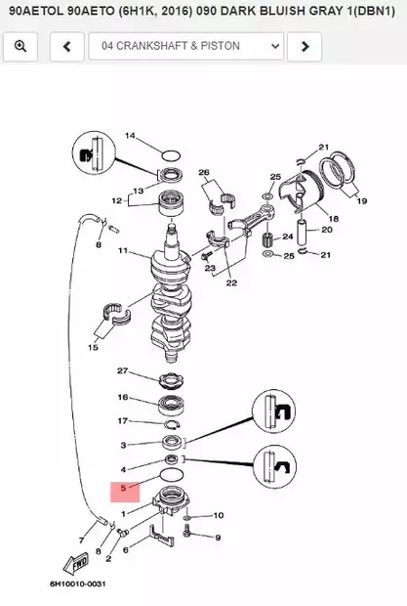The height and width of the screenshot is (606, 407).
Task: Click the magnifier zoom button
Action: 20,46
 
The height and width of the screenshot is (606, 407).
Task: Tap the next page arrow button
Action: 305,46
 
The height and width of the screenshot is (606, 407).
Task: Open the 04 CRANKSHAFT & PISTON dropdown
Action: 186,46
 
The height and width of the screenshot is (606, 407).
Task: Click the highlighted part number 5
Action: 123,488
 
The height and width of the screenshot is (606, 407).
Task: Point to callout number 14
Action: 130,135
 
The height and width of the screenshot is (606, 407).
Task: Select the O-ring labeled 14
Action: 171,155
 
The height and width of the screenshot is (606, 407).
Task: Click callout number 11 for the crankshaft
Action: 123,251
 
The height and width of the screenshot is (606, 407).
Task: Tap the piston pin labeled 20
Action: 303,232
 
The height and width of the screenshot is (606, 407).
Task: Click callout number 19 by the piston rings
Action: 361,201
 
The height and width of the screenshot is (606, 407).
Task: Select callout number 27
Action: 122,371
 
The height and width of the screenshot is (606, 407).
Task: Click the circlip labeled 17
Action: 172,425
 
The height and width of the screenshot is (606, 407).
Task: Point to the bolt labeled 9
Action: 187,532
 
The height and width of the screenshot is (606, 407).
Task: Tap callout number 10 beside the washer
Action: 219,515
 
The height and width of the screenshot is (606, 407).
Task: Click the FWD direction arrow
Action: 76,564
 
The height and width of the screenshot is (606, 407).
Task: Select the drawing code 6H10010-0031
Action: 77,584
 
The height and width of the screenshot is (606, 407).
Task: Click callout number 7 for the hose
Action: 81,541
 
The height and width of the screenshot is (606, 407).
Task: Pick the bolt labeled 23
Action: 206,255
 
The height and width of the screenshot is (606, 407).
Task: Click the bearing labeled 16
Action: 171,404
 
